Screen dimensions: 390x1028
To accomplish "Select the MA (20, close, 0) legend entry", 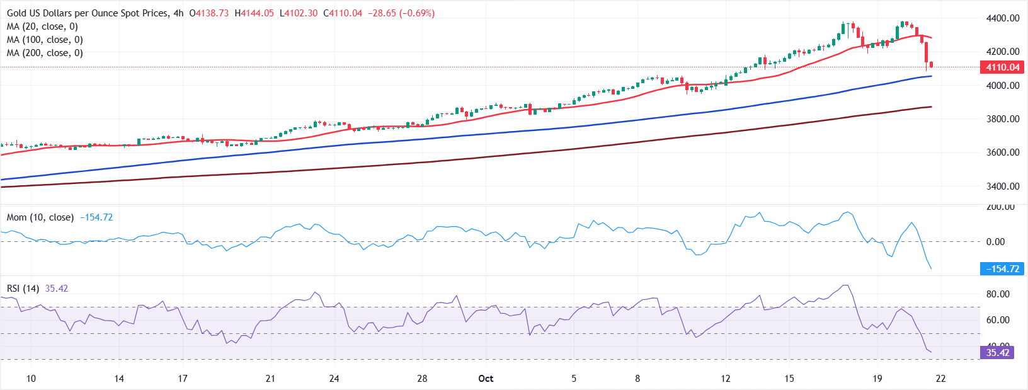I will [x=42, y=26].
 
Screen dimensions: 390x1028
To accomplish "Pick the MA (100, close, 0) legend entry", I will [x=45, y=40].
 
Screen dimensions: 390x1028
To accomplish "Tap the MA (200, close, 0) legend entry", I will [x=45, y=53].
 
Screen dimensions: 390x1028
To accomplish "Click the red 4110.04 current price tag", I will [x=1002, y=67].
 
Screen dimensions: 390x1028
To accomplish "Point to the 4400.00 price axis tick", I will [x=1003, y=18].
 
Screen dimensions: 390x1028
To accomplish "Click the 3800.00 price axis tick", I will [x=1003, y=119].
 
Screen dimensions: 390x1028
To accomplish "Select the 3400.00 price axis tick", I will [x=1003, y=186].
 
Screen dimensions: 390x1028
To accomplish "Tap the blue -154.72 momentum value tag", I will [x=1002, y=269].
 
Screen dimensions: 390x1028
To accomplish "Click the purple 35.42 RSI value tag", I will [x=998, y=353].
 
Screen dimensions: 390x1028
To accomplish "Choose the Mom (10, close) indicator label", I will [x=40, y=217].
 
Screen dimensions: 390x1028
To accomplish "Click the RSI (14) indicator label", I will [x=23, y=289].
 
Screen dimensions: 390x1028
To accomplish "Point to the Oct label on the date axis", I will [x=486, y=379].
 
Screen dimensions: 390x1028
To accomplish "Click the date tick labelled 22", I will [x=940, y=379].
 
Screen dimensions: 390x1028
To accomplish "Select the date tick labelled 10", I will [x=31, y=379].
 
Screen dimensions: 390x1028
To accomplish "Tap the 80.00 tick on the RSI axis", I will [x=998, y=294].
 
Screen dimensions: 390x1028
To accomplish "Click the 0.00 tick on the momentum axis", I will [x=995, y=242].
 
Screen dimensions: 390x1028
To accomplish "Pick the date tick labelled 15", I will [x=789, y=379].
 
